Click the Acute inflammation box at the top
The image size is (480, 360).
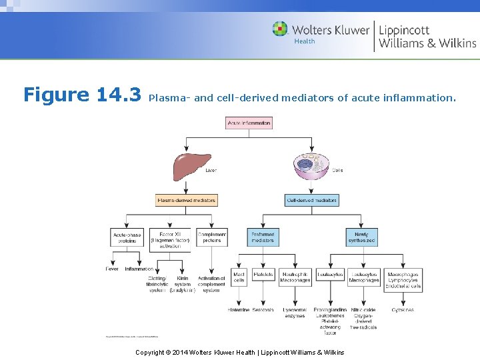point(249,123)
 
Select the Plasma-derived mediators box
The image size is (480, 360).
point(187,200)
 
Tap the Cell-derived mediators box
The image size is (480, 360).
point(312,200)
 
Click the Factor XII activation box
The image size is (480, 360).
point(170,239)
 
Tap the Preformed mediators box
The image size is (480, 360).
point(263,237)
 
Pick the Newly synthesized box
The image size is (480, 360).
point(361,237)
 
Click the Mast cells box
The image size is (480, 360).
point(239,277)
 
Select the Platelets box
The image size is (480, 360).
point(263,275)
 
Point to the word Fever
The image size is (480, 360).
point(112,269)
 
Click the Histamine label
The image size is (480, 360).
point(238,310)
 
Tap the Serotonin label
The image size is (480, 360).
point(263,310)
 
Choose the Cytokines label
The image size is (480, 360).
point(403,310)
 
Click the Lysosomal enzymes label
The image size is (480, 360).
point(295,313)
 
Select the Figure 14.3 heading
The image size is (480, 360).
point(82,95)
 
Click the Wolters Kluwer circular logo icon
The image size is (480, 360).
point(280,29)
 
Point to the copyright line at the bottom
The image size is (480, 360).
point(240,352)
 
